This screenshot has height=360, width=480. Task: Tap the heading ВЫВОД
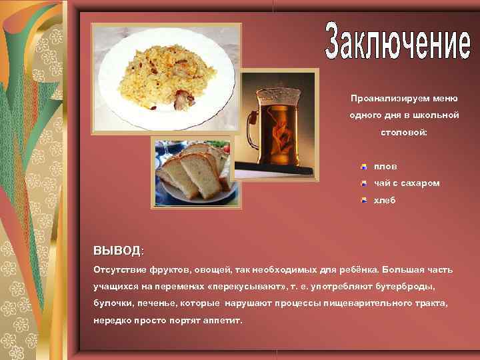(117, 251)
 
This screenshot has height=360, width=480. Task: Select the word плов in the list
(385, 166)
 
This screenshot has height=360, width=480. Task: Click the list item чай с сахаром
(406, 183)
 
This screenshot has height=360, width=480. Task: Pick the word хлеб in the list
(385, 199)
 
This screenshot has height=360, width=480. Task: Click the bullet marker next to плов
(363, 166)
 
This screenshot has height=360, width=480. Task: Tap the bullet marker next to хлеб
(363, 199)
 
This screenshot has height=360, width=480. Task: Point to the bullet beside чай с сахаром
(363, 183)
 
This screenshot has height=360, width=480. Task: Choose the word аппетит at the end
(222, 321)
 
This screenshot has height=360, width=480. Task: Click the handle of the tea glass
(253, 127)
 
